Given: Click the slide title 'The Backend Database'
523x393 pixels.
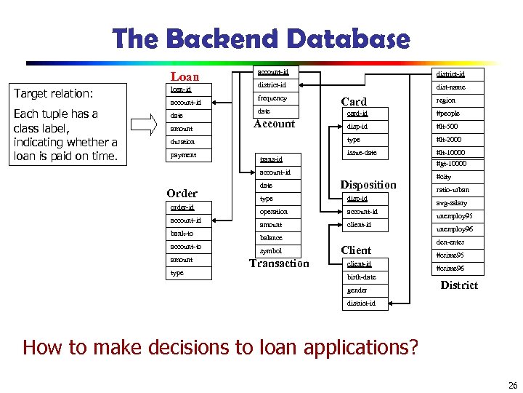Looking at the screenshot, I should click(x=261, y=39).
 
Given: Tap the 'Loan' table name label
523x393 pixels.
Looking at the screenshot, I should click(x=185, y=76).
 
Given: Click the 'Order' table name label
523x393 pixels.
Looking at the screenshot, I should click(x=182, y=194).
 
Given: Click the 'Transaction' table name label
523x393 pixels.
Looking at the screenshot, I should click(x=279, y=263).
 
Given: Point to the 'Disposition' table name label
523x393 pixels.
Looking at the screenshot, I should click(x=369, y=185).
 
